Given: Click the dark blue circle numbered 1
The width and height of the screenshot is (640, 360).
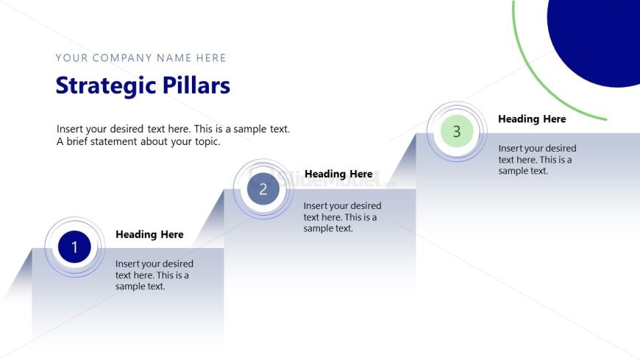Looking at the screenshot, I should coord(74,247).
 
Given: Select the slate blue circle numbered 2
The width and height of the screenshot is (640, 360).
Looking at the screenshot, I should coord(263,189).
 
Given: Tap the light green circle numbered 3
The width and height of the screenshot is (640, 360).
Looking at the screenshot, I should coord(456,132).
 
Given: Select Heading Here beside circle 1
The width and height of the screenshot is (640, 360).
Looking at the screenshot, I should coord(149,234).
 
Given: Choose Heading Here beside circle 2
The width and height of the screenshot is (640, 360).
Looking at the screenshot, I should coord(338,174).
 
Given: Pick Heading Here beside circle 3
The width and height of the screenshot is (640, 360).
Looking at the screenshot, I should coord(532,119).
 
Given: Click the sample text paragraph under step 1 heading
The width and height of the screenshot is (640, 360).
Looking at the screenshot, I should coord(154,275).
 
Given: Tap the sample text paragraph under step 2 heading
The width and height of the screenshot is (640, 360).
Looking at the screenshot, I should coord(342,217).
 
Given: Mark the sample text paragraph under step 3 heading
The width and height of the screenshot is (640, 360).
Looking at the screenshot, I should coord(537,159).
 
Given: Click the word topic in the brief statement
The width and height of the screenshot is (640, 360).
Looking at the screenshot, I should coord(203,141).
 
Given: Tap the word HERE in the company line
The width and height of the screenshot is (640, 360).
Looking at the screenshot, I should coord(211,58).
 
